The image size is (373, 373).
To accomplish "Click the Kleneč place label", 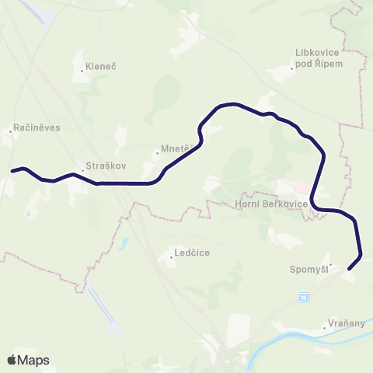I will pyautogui.click(x=101, y=67).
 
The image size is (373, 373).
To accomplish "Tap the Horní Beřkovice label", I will pyautogui.click(x=271, y=204).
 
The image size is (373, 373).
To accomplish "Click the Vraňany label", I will pyautogui.click(x=347, y=328).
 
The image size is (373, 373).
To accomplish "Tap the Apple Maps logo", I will pyautogui.click(x=28, y=360).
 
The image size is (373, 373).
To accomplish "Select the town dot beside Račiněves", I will pyautogui.click(x=10, y=131).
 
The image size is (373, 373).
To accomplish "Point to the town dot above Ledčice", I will pyautogui.click(x=173, y=257).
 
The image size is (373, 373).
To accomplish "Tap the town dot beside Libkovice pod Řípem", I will pyautogui.click(x=292, y=68).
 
